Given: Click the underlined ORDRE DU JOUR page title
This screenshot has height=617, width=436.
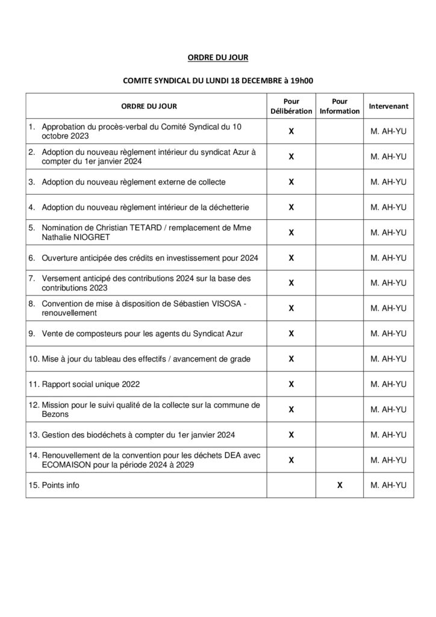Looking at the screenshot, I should pos(217,58).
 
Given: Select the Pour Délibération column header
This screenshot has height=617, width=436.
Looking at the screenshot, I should pos(291,107).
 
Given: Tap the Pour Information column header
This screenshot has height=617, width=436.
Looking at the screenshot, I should pos(339,107).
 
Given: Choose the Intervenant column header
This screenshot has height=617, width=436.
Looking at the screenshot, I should pos(388,107).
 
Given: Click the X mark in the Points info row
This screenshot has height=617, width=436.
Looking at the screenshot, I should pos(340,485).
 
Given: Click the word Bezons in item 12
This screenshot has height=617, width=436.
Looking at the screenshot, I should pos(55,414).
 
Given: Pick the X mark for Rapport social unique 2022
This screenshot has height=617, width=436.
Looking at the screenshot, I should pos(291,384).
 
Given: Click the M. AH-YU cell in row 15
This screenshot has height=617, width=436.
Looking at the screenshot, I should pos(389,485).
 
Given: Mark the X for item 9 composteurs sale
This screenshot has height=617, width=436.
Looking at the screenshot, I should pos(291,333).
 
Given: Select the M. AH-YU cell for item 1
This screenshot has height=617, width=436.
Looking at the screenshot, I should pos(389,131).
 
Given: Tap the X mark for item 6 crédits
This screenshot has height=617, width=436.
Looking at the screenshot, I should pos(291,258).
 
